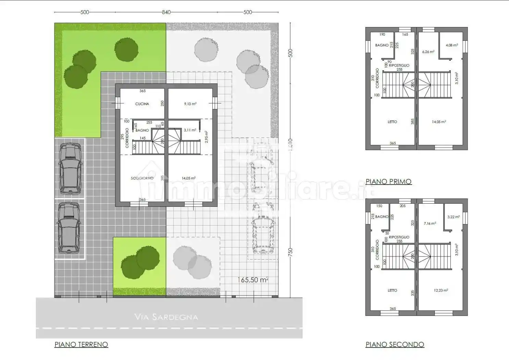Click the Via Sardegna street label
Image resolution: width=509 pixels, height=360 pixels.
166,317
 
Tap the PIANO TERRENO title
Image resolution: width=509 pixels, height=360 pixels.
81,344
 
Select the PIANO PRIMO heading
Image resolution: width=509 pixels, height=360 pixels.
388,181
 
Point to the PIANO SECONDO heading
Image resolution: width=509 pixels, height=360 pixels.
395,344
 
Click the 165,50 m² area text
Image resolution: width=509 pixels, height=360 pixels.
253,280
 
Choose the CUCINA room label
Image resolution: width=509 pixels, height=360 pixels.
142,104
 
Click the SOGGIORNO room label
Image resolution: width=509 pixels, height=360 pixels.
142,178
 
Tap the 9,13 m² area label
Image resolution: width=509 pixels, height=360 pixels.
190,104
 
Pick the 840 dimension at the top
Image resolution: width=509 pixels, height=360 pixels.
166,12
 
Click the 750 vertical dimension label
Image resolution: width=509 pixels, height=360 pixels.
290,252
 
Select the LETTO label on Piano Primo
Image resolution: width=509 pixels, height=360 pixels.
392,122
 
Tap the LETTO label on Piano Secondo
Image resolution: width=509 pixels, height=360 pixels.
392,290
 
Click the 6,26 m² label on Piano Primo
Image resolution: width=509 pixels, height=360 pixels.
428,52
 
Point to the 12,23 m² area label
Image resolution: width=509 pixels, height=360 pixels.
441,290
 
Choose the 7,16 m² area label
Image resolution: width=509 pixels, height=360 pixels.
430,224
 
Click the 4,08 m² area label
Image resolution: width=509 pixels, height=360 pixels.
452,45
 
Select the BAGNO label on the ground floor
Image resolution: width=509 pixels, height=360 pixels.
142,130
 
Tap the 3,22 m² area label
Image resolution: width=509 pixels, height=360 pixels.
454,217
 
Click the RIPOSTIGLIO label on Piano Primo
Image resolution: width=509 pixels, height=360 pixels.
399,65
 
